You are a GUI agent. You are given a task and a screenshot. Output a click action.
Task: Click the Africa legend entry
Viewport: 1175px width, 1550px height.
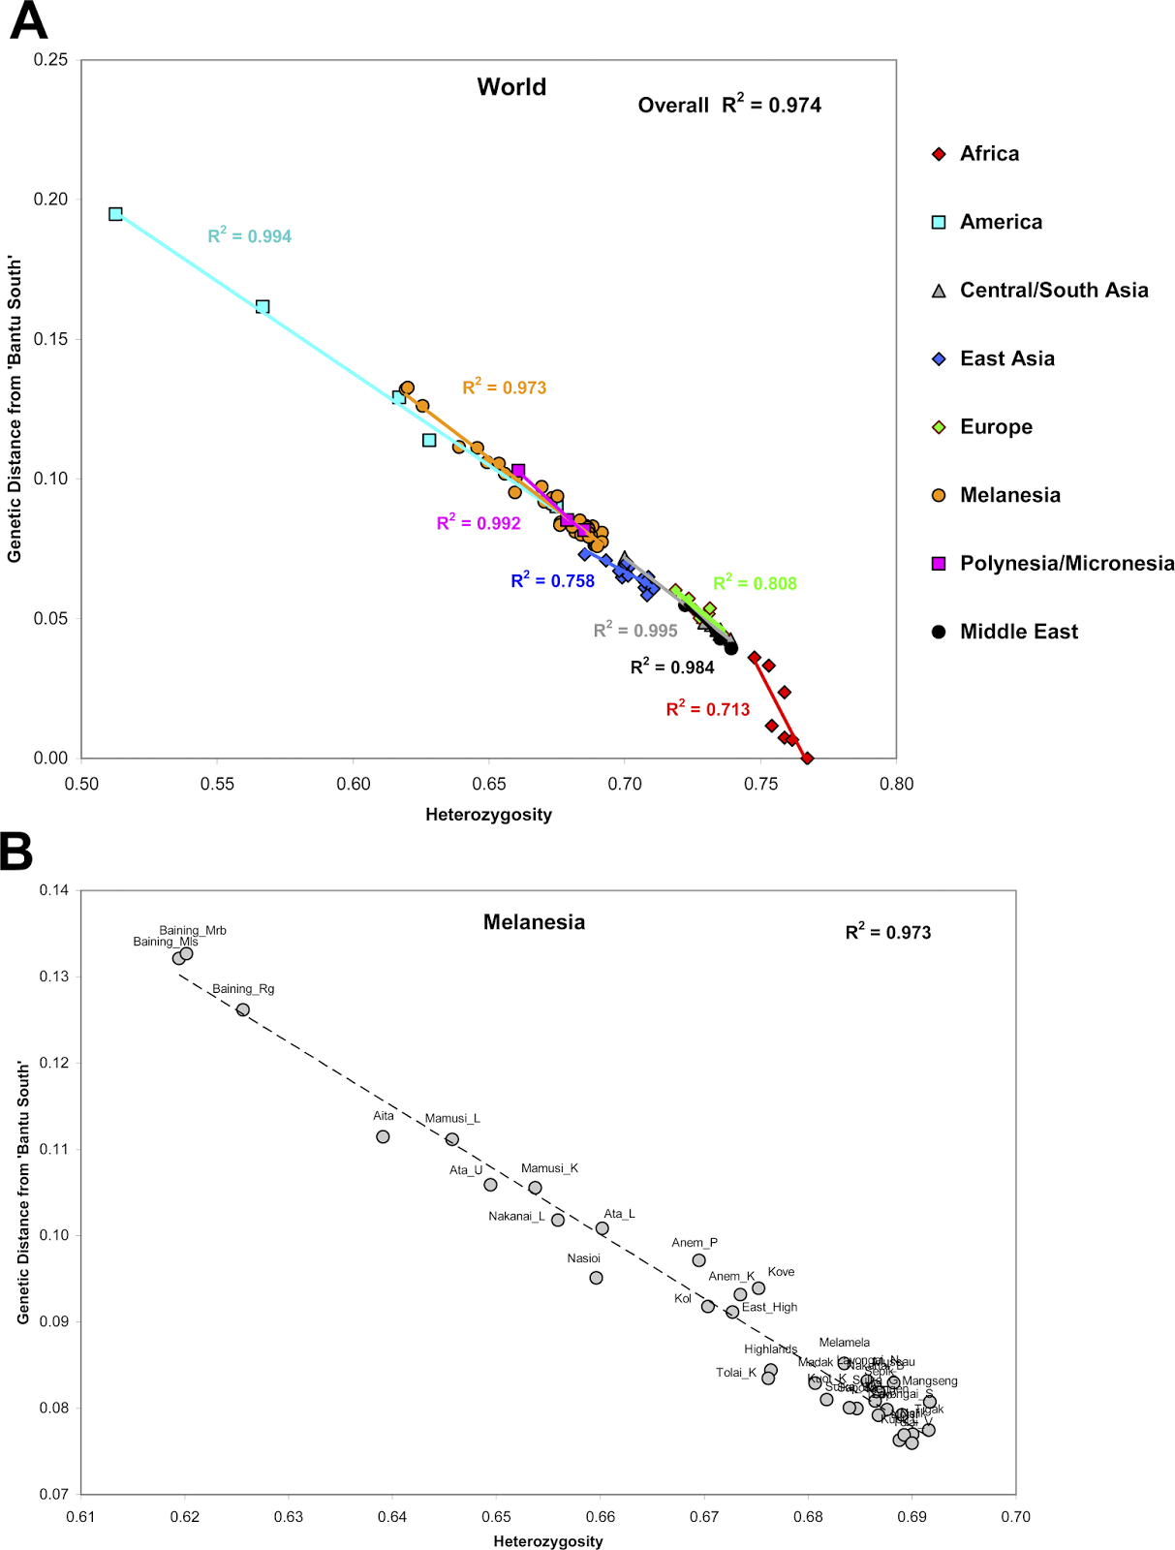click(988, 154)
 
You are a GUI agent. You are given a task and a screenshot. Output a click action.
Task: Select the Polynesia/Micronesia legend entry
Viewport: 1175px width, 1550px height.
click(1066, 564)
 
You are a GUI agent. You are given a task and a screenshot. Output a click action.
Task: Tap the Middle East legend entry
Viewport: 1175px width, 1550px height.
click(1017, 632)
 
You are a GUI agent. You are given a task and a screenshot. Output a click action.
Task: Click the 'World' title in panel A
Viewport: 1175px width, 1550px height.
click(511, 87)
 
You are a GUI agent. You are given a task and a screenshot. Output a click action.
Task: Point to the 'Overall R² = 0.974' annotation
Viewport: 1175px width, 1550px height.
click(728, 105)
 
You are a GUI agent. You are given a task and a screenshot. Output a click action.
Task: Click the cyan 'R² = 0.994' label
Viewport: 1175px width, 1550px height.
click(249, 236)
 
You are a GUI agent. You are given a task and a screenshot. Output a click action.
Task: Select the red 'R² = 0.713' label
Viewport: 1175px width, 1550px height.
click(707, 709)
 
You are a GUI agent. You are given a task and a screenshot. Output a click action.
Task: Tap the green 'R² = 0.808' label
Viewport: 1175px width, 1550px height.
click(755, 583)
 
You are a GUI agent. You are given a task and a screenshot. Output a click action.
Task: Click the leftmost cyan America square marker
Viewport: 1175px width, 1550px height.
click(115, 214)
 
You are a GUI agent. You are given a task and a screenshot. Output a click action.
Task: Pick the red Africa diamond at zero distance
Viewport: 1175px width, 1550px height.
click(807, 759)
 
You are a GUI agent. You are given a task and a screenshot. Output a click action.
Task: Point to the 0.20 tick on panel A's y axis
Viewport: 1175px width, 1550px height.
click(50, 200)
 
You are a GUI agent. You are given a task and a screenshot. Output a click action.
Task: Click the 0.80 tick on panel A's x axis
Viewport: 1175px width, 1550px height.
click(896, 784)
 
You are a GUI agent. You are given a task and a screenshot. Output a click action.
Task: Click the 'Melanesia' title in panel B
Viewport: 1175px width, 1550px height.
click(534, 922)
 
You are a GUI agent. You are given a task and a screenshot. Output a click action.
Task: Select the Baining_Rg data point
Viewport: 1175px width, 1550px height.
click(243, 1010)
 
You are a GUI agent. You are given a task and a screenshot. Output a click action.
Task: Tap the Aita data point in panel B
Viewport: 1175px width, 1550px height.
click(383, 1136)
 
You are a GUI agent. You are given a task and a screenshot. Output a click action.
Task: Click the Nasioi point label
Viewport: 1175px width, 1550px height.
click(583, 1258)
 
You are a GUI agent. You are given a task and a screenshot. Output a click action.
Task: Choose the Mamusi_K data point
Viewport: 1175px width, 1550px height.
click(535, 1188)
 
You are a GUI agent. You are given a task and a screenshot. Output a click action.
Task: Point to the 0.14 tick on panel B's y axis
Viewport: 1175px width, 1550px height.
click(53, 890)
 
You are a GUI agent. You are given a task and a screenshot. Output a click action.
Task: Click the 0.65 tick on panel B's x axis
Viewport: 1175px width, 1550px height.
click(496, 1517)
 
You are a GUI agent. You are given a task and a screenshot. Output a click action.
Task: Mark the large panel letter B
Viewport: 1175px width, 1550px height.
click(16, 852)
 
